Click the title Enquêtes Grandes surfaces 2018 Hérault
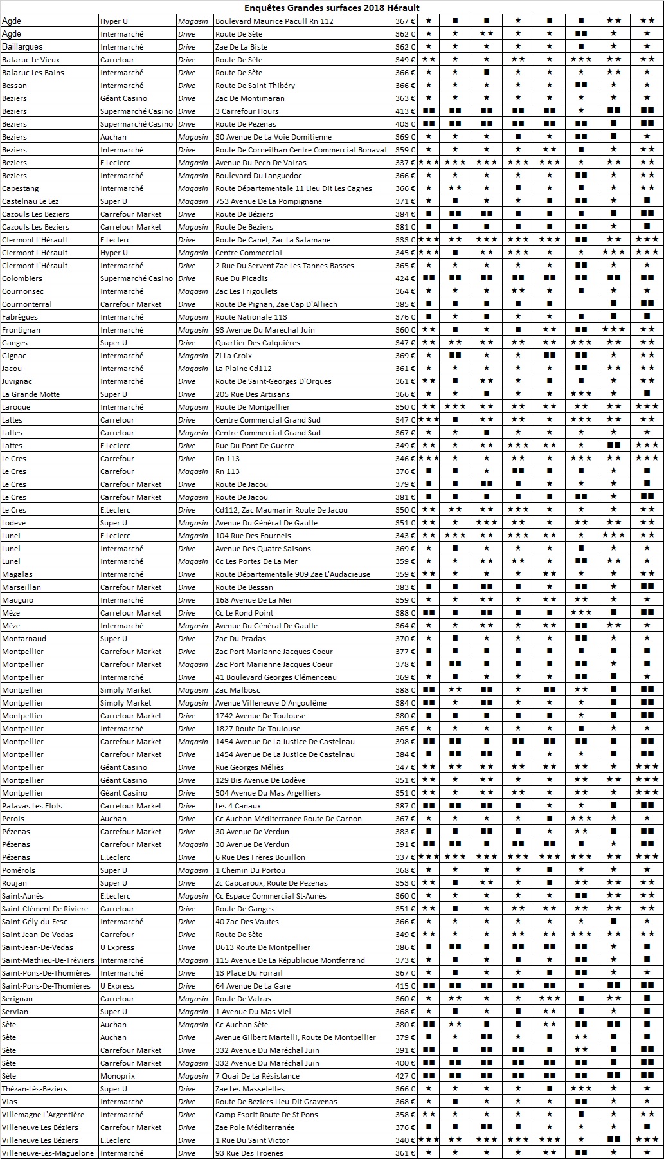click(x=332, y=8)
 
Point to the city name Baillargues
click(x=23, y=47)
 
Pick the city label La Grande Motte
click(x=29, y=394)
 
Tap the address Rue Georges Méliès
click(x=249, y=767)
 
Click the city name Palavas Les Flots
click(x=32, y=806)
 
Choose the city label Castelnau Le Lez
click(x=30, y=201)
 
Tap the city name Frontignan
click(x=21, y=330)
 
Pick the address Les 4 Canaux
click(x=238, y=806)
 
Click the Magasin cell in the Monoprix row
click(x=193, y=1076)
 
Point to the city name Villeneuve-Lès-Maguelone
click(x=48, y=1153)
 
